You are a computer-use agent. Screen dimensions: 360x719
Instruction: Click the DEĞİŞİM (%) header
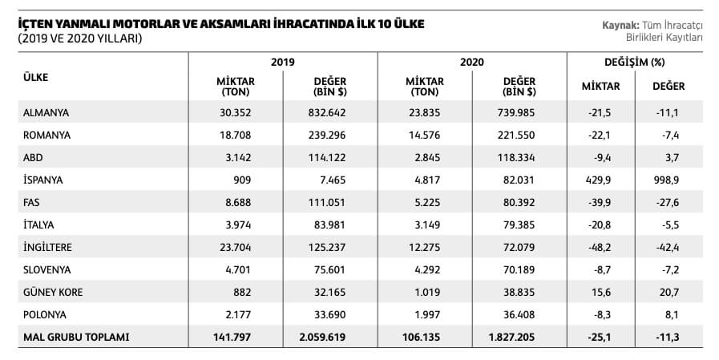[634, 62]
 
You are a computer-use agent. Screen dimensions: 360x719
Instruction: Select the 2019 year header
[283, 62]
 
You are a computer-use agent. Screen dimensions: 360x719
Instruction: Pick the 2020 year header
[472, 62]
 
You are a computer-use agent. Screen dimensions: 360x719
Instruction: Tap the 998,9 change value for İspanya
[668, 180]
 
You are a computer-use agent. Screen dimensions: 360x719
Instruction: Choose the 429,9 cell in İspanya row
[599, 180]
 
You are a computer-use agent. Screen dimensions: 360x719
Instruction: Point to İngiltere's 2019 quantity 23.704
[236, 248]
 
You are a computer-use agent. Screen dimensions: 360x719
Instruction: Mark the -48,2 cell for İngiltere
[599, 248]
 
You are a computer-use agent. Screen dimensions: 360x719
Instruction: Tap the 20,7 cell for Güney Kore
[668, 293]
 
